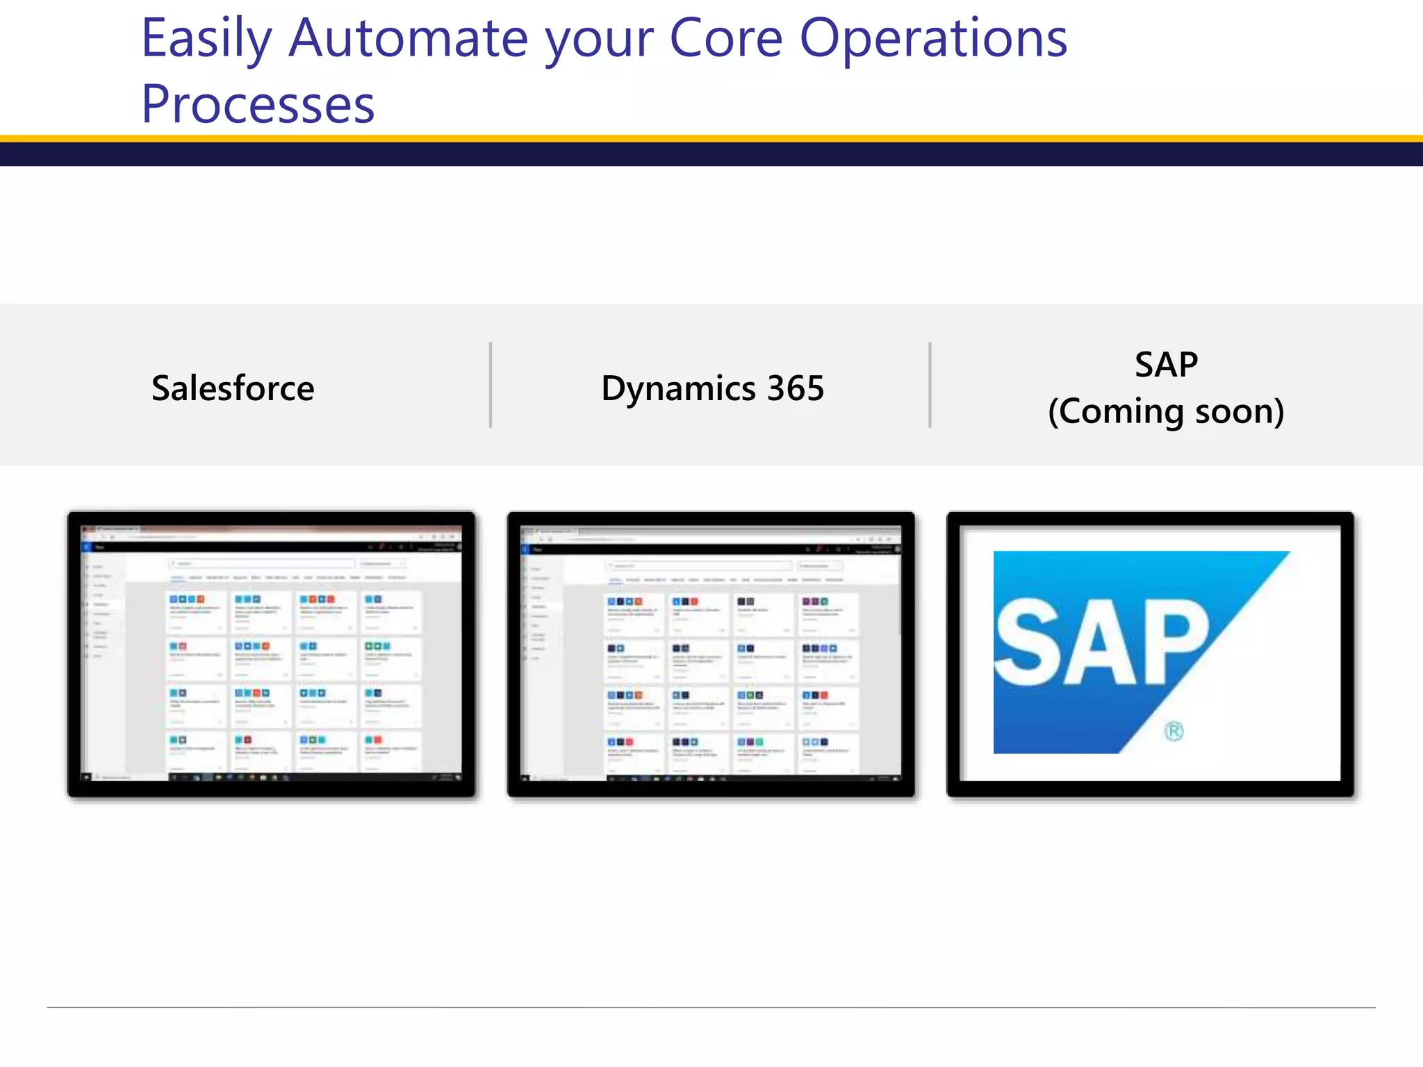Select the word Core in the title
pyautogui.click(x=725, y=39)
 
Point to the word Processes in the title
pyautogui.click(x=258, y=104)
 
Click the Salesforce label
pyautogui.click(x=233, y=388)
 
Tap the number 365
pyautogui.click(x=796, y=388)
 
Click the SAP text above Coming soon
pyautogui.click(x=1166, y=365)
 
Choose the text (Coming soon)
pyautogui.click(x=1166, y=411)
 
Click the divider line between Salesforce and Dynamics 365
pyautogui.click(x=491, y=385)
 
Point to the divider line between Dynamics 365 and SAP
pyautogui.click(x=930, y=385)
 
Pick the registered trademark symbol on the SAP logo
pyautogui.click(x=1174, y=731)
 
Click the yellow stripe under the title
pyautogui.click(x=711, y=139)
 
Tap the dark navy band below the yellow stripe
pyautogui.click(x=711, y=154)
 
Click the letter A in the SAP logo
pyautogui.click(x=1101, y=646)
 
